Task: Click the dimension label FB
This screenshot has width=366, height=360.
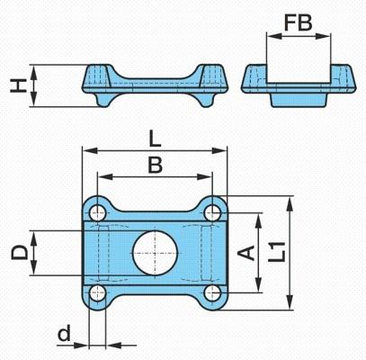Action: [x=298, y=22]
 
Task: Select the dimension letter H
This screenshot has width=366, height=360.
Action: [x=18, y=85]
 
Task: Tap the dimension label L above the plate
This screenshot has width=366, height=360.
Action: [x=155, y=139]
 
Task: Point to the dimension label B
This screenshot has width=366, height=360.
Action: [x=156, y=165]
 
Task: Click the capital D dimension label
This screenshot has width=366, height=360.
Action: [x=20, y=252]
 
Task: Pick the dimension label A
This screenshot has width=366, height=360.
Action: [x=246, y=253]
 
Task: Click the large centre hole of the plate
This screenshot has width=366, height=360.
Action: [x=156, y=253]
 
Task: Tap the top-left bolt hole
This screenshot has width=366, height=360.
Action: [x=98, y=213]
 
